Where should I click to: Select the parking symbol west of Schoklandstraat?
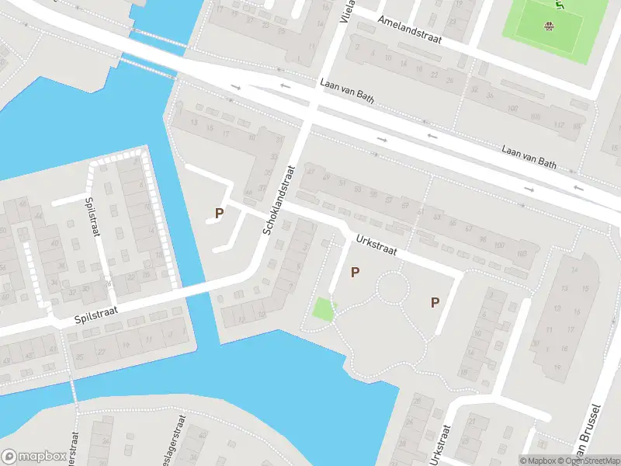pyautogui.click(x=219, y=212)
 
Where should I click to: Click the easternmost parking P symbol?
pyautogui.click(x=435, y=303)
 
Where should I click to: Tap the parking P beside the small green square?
pyautogui.click(x=356, y=272)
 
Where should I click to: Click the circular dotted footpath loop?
pyautogui.click(x=392, y=288)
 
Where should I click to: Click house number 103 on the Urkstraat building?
pyautogui.click(x=522, y=254)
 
